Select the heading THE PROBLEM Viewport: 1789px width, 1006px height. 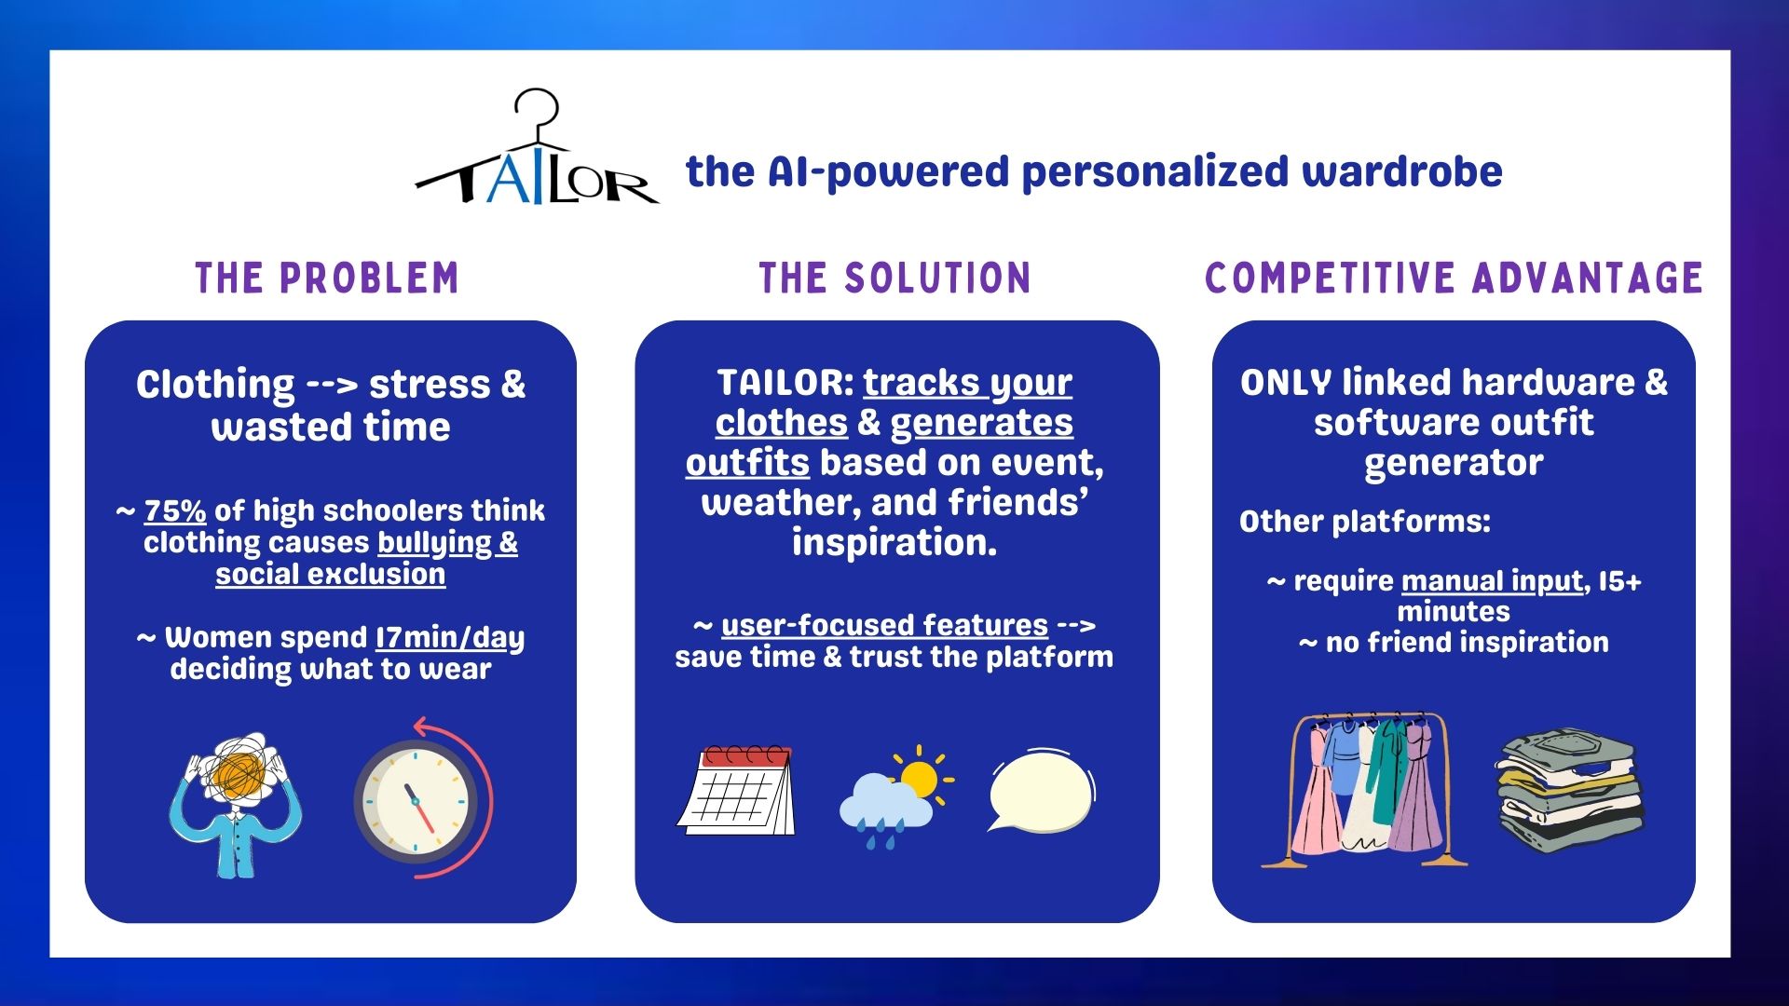tap(327, 279)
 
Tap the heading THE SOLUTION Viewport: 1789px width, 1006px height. tap(894, 279)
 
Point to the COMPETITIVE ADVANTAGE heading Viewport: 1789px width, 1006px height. tap(1454, 279)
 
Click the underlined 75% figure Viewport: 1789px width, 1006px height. tap(175, 510)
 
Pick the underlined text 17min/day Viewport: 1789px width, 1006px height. tap(450, 638)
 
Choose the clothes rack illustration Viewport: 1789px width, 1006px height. tap(1364, 790)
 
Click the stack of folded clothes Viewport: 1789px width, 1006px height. tap(1569, 791)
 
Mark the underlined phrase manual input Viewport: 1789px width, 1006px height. tap(1492, 581)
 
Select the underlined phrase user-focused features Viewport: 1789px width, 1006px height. tap(884, 625)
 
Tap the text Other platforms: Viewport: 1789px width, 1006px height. tap(1365, 522)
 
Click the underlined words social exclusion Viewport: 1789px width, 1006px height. tap(331, 575)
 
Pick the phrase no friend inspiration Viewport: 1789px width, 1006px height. tap(1468, 643)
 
